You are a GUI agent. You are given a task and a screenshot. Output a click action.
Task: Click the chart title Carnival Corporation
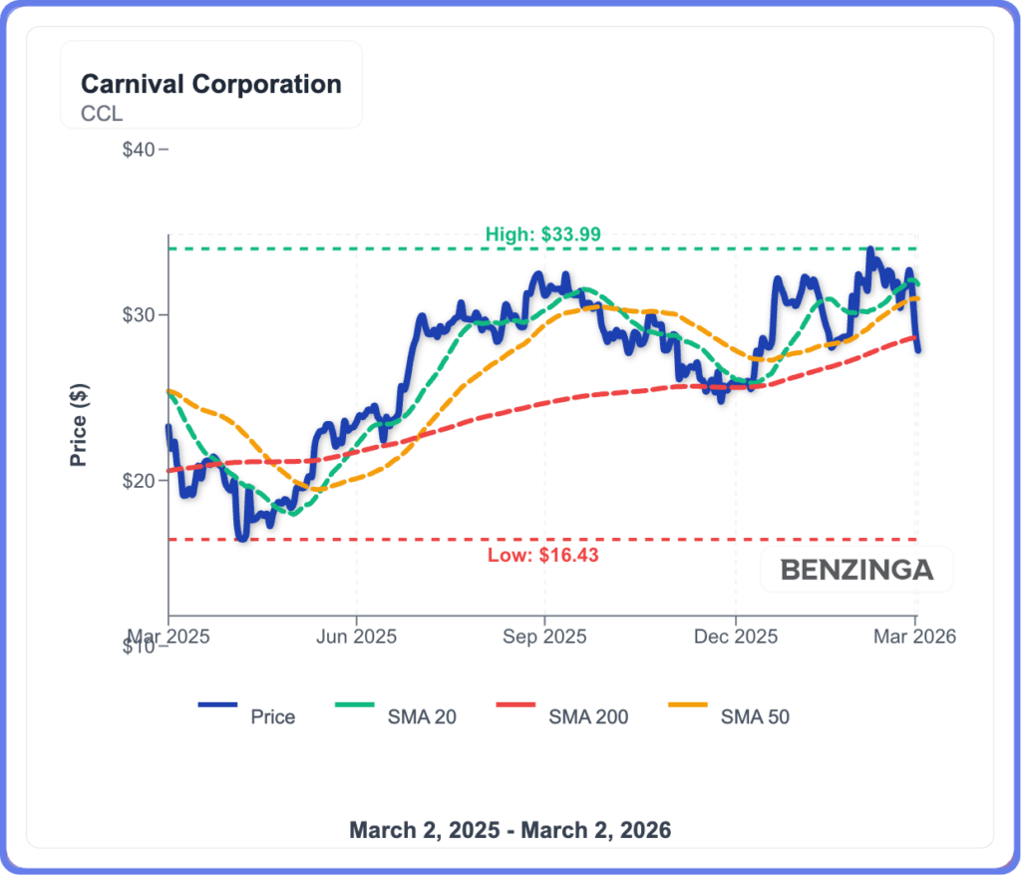click(210, 84)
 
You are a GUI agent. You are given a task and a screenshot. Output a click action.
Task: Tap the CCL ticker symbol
click(102, 114)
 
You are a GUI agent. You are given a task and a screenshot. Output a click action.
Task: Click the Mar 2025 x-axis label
click(167, 636)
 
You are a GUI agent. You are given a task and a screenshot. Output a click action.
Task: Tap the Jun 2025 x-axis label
click(356, 636)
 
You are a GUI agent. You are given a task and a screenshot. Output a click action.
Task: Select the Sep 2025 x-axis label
click(544, 636)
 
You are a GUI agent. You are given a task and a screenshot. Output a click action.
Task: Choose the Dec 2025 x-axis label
click(734, 636)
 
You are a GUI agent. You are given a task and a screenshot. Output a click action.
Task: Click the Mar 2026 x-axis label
click(915, 636)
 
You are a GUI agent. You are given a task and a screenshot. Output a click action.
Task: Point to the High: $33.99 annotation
click(543, 234)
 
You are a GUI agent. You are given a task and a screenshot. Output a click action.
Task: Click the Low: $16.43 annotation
click(543, 556)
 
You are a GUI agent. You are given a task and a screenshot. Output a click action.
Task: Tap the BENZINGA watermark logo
click(856, 570)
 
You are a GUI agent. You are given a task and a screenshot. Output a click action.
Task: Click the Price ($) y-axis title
click(79, 423)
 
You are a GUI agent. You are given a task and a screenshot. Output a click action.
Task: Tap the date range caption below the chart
click(510, 829)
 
